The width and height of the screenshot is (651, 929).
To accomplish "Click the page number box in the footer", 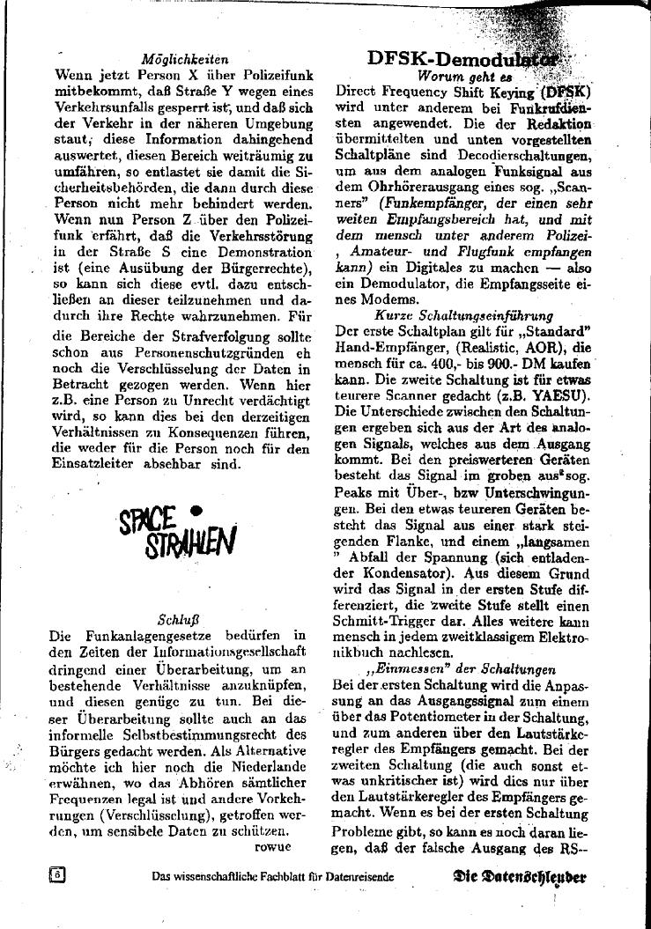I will tap(58, 875).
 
